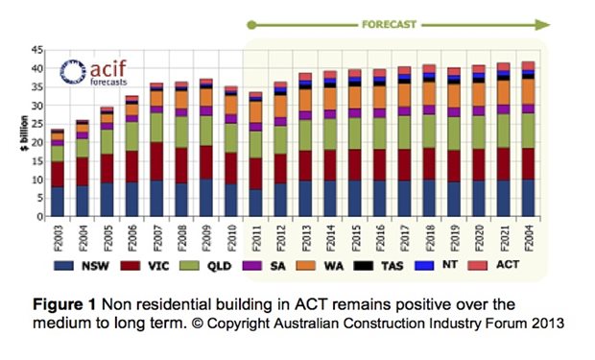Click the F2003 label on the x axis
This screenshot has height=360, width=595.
point(57,234)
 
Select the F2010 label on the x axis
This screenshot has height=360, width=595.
point(229,234)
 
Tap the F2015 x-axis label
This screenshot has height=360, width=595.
point(354,234)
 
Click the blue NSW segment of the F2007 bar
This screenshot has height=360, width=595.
point(156,198)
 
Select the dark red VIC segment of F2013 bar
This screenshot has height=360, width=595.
point(305,165)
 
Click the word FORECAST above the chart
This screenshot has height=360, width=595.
point(389,21)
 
